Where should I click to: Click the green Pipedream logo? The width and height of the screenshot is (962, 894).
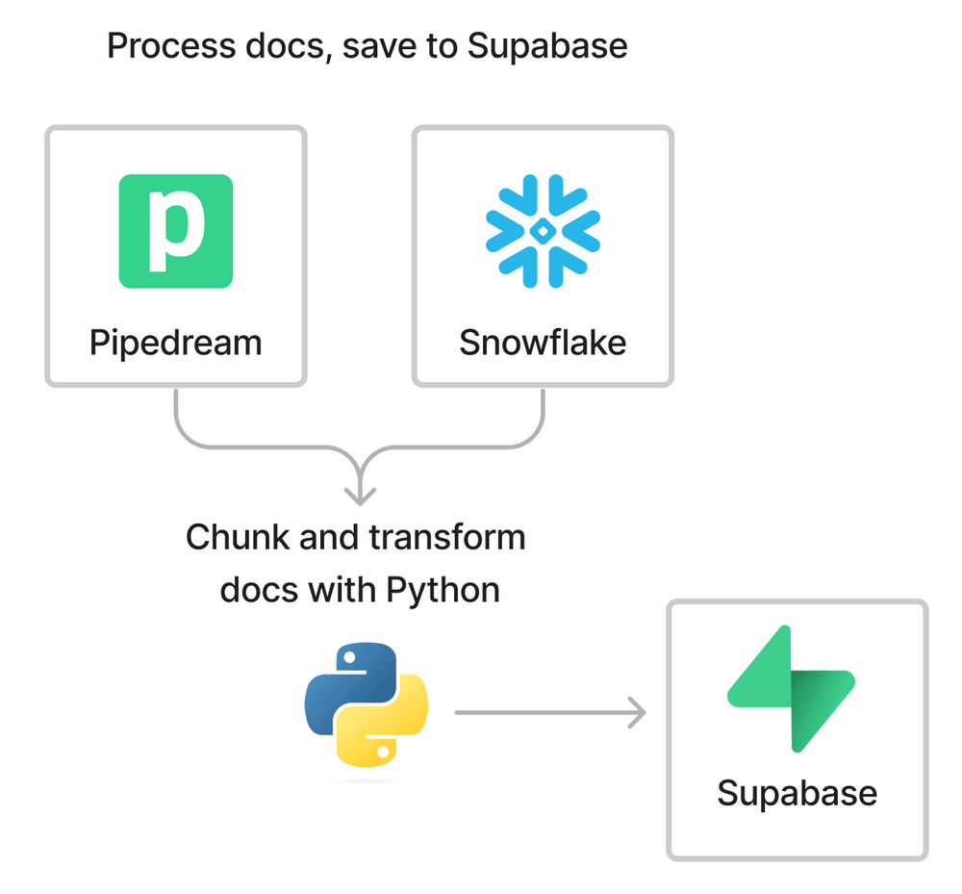click(x=176, y=231)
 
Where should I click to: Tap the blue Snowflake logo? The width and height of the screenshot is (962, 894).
click(x=543, y=231)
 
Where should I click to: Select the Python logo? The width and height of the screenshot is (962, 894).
click(x=367, y=705)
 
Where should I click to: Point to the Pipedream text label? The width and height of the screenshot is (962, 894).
click(x=176, y=343)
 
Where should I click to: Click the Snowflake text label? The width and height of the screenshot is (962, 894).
click(x=543, y=343)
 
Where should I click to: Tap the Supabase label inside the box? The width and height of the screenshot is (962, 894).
click(x=797, y=793)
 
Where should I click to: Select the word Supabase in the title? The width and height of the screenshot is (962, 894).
click(x=547, y=45)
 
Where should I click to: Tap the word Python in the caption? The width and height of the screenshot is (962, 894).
click(x=443, y=589)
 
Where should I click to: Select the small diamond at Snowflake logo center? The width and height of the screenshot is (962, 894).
click(x=543, y=231)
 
